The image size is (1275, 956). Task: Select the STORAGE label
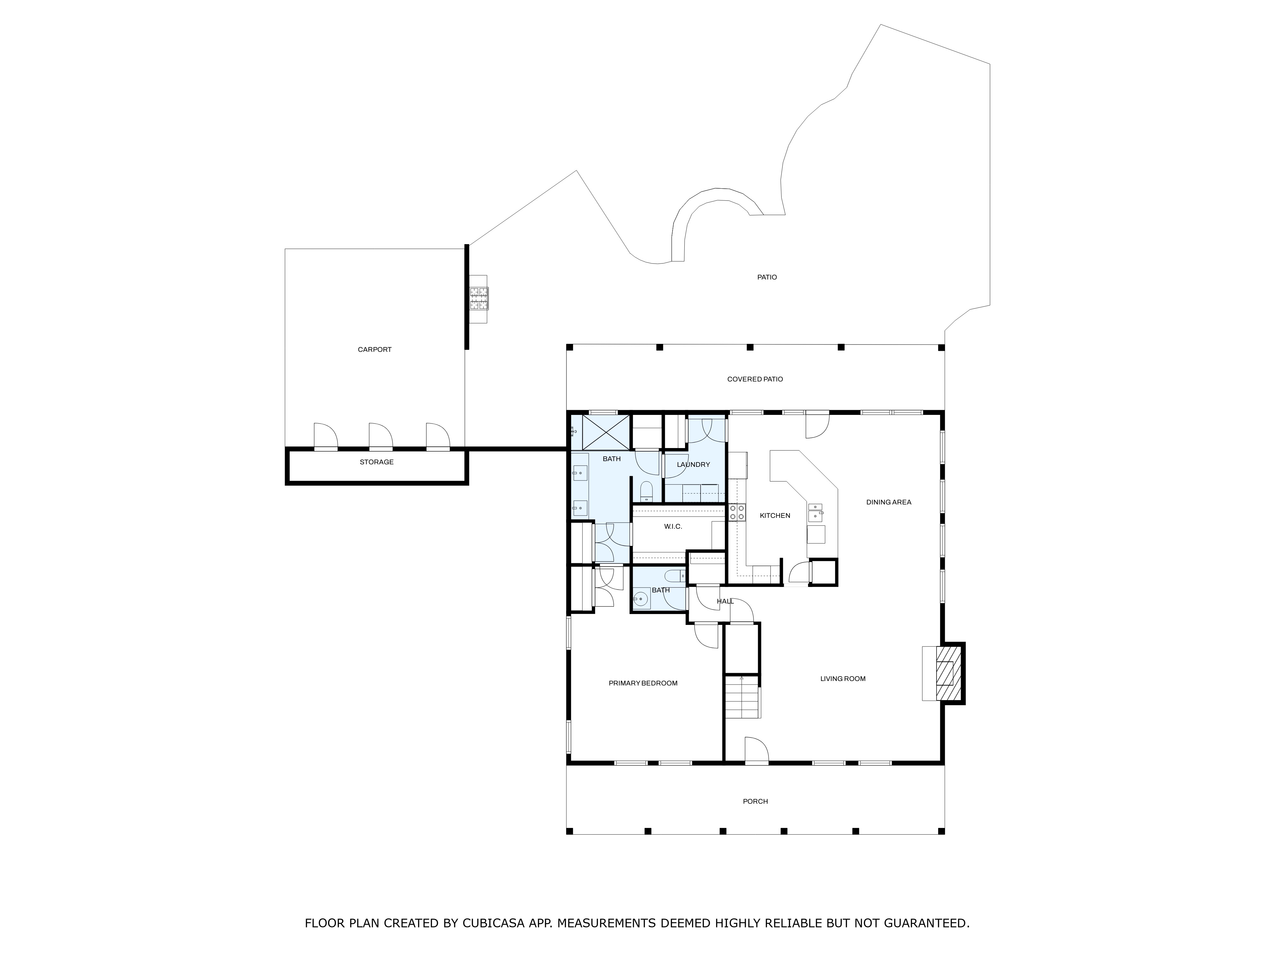pyautogui.click(x=376, y=462)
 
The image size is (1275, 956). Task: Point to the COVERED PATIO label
pyautogui.click(x=755, y=379)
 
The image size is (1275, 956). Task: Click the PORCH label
pyautogui.click(x=755, y=801)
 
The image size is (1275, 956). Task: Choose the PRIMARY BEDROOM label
pyautogui.click(x=643, y=684)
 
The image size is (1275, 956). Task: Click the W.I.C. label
pyautogui.click(x=673, y=527)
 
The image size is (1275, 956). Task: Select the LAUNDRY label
pyautogui.click(x=693, y=465)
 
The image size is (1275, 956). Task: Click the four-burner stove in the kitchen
pyautogui.click(x=737, y=512)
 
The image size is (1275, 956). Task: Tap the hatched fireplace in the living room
pyautogui.click(x=948, y=673)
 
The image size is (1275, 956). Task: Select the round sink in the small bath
pyautogui.click(x=641, y=599)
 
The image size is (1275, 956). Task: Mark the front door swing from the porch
pyautogui.click(x=757, y=750)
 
